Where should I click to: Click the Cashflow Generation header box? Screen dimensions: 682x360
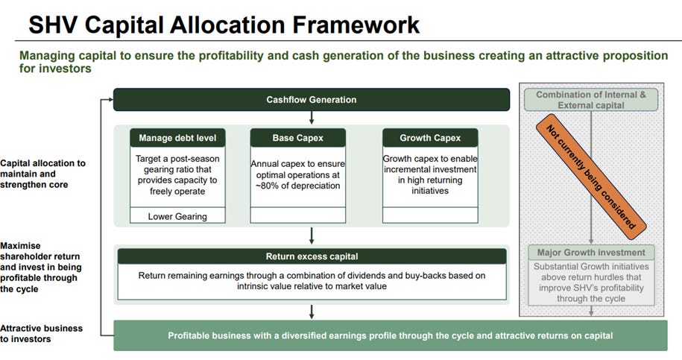[312, 100]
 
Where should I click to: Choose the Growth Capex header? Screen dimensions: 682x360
[429, 138]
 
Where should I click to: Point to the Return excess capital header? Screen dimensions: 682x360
[312, 256]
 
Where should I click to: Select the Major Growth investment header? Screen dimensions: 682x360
[591, 252]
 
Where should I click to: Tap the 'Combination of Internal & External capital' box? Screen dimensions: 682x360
[591, 100]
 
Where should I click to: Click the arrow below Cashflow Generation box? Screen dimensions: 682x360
[312, 118]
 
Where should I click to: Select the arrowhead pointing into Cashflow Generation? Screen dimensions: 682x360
[109, 99]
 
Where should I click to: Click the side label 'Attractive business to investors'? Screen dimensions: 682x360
[37, 333]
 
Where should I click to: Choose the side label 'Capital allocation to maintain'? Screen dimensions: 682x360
[42, 173]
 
